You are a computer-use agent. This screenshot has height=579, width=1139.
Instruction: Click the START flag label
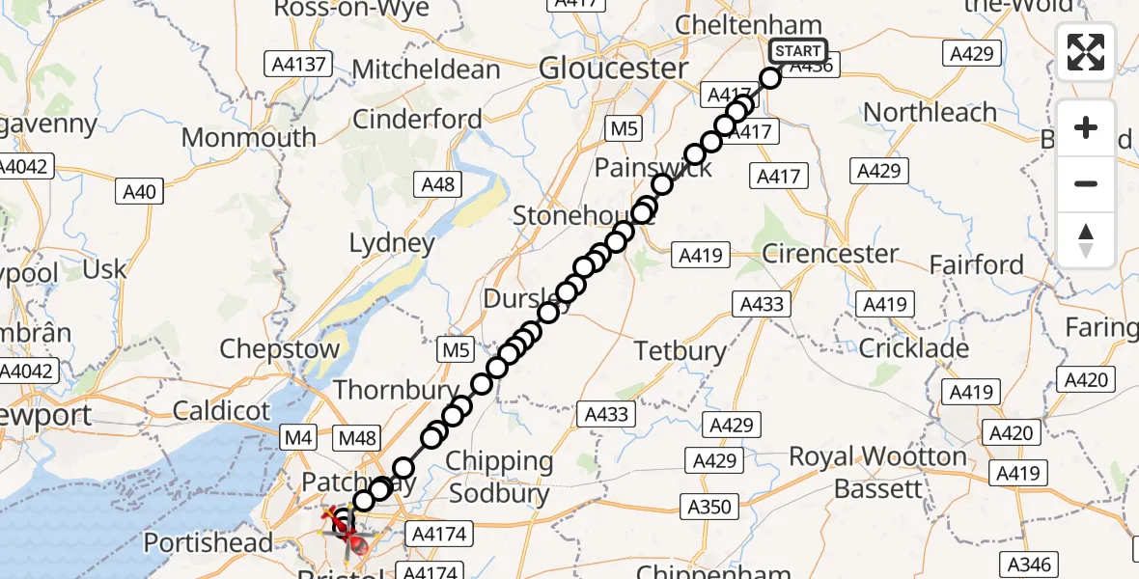pyautogui.click(x=797, y=51)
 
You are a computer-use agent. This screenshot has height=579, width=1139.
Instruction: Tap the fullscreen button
pyautogui.click(x=1086, y=51)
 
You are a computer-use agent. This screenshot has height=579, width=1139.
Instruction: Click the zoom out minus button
pyautogui.click(x=1086, y=183)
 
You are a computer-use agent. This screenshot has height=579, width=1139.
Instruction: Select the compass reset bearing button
pyautogui.click(x=1086, y=240)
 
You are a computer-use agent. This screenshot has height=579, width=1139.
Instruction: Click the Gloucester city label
pyautogui.click(x=613, y=69)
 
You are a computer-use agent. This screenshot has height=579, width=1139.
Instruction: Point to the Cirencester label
pyautogui.click(x=830, y=255)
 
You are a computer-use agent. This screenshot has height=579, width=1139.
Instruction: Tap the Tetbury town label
pyautogui.click(x=681, y=351)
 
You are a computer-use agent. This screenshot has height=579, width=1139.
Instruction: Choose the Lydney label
pyautogui.click(x=392, y=243)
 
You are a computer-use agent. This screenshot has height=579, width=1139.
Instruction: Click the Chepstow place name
pyautogui.click(x=280, y=348)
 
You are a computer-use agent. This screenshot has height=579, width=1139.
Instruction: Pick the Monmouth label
pyautogui.click(x=249, y=137)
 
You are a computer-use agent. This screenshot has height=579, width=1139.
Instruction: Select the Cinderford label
pyautogui.click(x=417, y=120)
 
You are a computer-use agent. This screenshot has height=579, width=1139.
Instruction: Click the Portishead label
pyautogui.click(x=208, y=543)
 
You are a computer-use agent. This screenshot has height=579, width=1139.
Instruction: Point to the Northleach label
pyautogui.click(x=930, y=113)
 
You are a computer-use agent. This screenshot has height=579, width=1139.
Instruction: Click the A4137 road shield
pyautogui.click(x=298, y=65)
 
